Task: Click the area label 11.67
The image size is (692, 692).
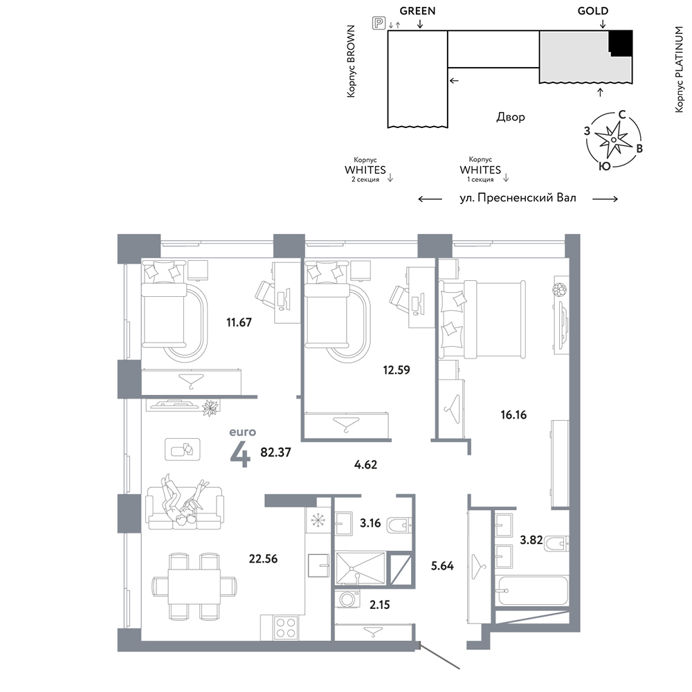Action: point(239,322)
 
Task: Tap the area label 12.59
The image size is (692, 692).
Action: point(397,370)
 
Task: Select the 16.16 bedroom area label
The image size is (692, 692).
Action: point(513,415)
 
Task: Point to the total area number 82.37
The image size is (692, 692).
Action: point(276,452)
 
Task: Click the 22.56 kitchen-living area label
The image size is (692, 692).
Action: point(263,558)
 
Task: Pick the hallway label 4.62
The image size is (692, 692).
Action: point(365,464)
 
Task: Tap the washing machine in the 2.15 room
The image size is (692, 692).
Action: point(347,599)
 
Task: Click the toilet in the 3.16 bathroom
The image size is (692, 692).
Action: point(399,525)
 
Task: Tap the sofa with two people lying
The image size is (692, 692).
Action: point(185,507)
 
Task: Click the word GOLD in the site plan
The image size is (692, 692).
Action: point(593,10)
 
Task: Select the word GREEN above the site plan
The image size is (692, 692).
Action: point(417,10)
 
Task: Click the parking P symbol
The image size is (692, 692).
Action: point(379,23)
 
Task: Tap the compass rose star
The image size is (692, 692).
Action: point(613,140)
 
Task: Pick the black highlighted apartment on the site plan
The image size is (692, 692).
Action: point(621,43)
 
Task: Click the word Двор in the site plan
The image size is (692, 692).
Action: point(511,117)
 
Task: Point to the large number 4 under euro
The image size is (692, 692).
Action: point(241,454)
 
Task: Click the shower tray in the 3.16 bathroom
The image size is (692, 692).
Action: point(360,568)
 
